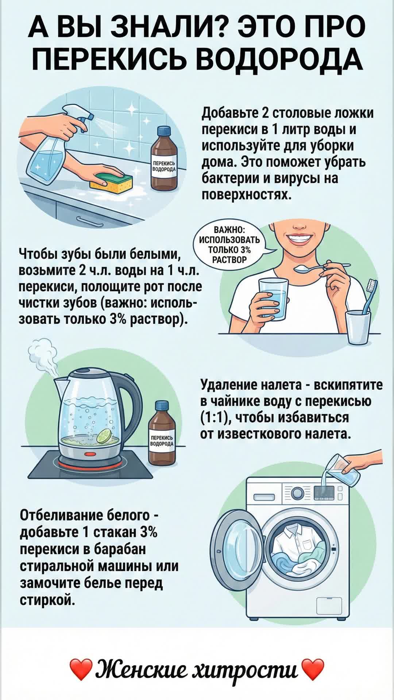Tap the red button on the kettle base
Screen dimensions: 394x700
click(90, 454)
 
